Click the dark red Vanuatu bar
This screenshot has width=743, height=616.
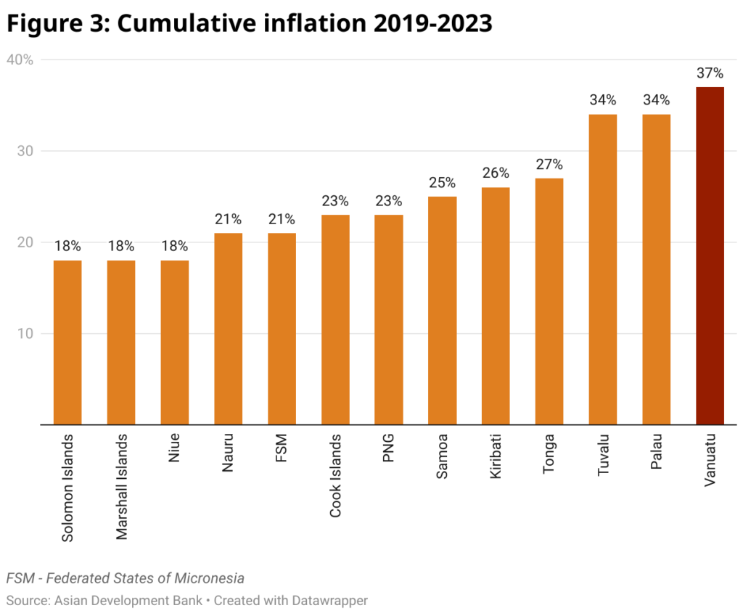[x=710, y=255]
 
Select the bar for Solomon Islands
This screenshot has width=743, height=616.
[x=67, y=342]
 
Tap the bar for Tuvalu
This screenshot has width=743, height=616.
[x=602, y=269]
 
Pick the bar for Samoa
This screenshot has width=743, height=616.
[x=442, y=310]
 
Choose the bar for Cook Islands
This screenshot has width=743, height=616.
[x=335, y=319]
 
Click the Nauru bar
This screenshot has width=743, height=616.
[x=228, y=328]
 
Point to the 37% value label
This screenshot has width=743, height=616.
[x=710, y=73]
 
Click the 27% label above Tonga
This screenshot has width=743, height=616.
[x=549, y=165]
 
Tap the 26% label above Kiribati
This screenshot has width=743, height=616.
[x=496, y=173]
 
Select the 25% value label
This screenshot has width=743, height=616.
[x=442, y=183]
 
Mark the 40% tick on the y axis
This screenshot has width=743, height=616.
[x=20, y=60]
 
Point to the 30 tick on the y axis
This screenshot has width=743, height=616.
[x=25, y=151]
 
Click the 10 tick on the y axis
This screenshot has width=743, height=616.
[x=25, y=334]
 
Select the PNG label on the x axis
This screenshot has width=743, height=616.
[x=389, y=451]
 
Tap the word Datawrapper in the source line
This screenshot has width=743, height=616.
[x=327, y=601]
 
